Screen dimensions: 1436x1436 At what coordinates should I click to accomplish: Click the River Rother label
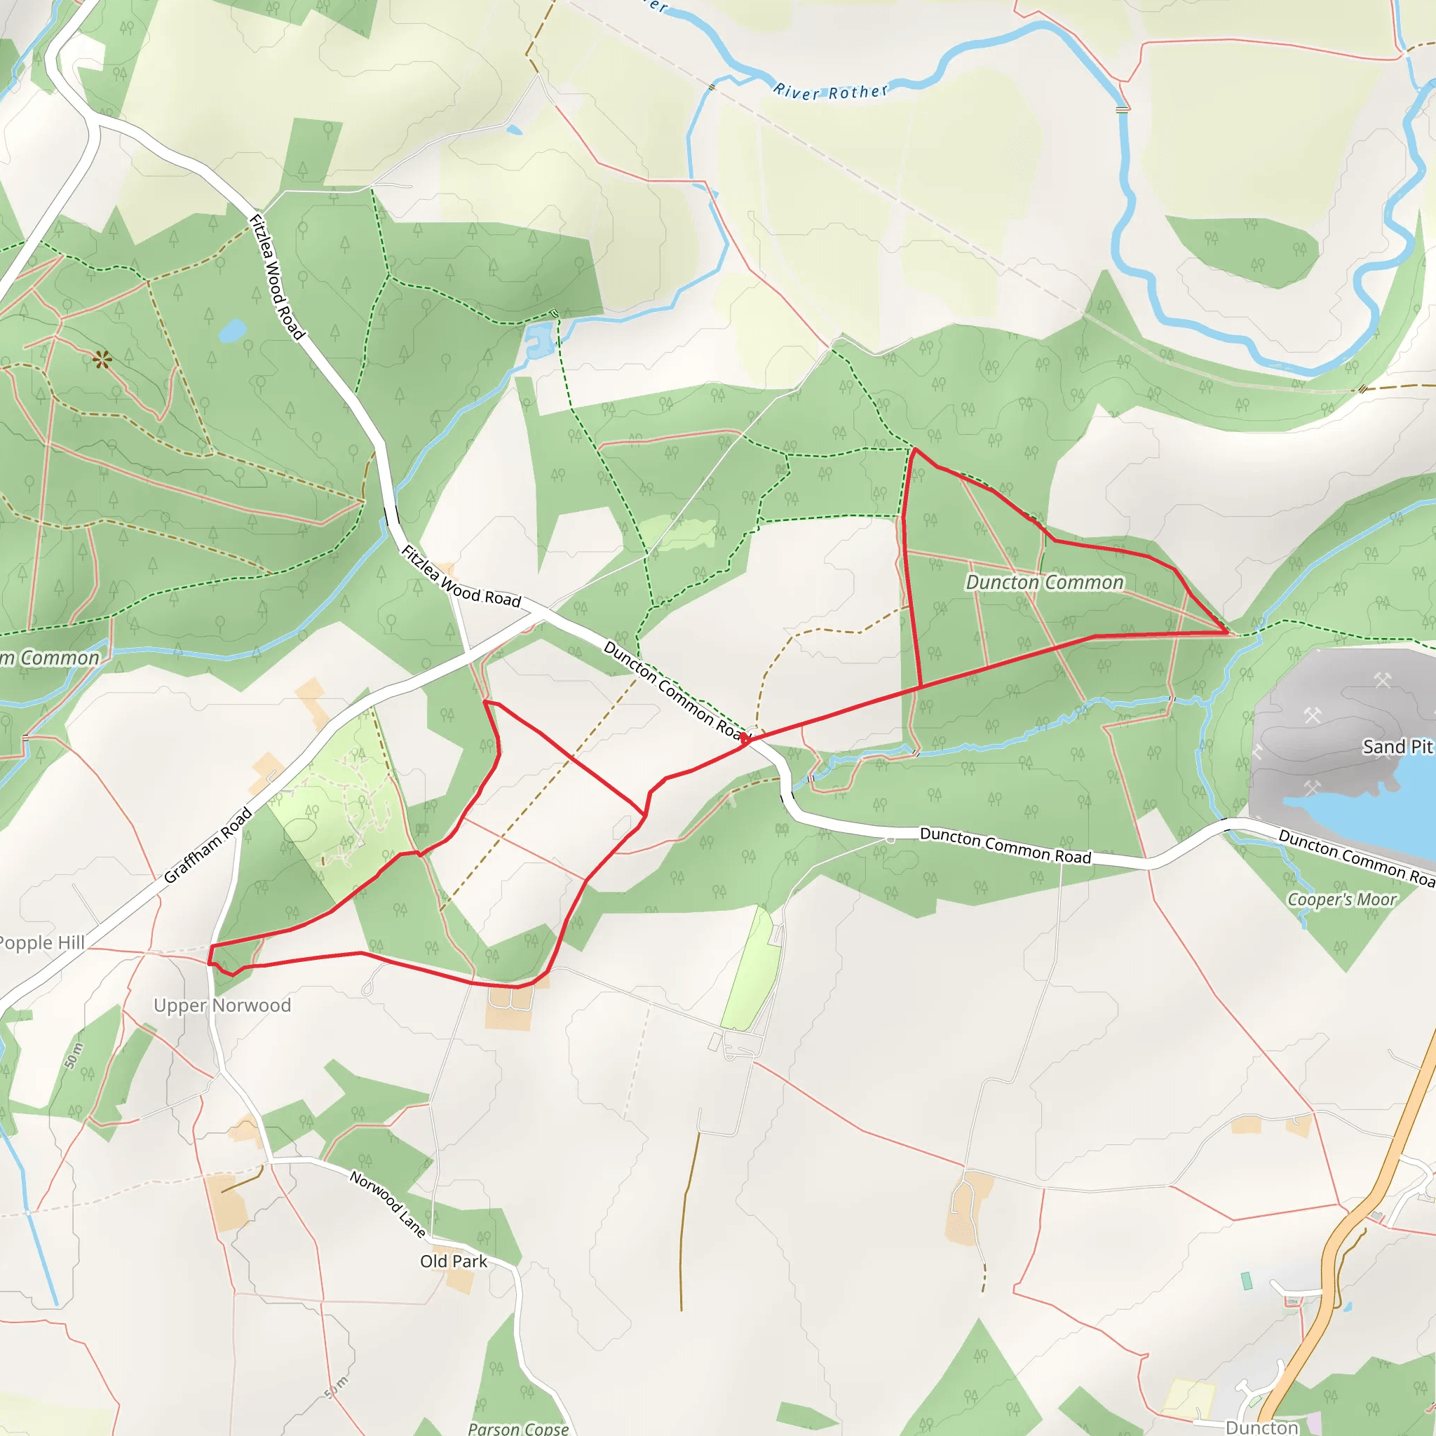pos(830,91)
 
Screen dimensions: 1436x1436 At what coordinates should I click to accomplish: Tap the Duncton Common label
pos(1044,583)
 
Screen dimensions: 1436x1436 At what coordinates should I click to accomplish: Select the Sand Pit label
pos(1397,746)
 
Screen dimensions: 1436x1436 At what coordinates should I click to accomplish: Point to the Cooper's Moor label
pos(1341,900)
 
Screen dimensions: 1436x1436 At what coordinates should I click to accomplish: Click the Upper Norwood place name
pos(222,1005)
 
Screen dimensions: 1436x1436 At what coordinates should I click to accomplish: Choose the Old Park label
pos(454,1261)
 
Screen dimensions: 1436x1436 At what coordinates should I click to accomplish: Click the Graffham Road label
pos(208,845)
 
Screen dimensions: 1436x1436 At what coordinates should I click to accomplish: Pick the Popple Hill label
pos(41,942)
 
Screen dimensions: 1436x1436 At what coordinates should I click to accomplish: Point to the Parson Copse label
pos(518,1428)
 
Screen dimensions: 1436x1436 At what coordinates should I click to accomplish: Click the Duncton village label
pos(1262,1427)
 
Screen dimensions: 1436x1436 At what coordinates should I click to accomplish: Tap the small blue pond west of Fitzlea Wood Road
pos(233,330)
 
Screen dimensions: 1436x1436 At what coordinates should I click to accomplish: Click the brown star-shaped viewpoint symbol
pos(102,361)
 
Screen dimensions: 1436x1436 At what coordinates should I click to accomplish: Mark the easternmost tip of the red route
pos(1227,632)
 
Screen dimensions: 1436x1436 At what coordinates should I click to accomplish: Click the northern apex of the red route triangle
pos(915,449)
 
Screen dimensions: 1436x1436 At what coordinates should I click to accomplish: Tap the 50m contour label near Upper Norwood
pos(74,1055)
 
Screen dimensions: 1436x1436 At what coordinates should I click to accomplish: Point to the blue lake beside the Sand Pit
pos(1375,810)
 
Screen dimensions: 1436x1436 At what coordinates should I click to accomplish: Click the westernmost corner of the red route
pos(210,946)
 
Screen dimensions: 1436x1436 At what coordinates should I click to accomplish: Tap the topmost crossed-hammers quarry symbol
pos(1382,679)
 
